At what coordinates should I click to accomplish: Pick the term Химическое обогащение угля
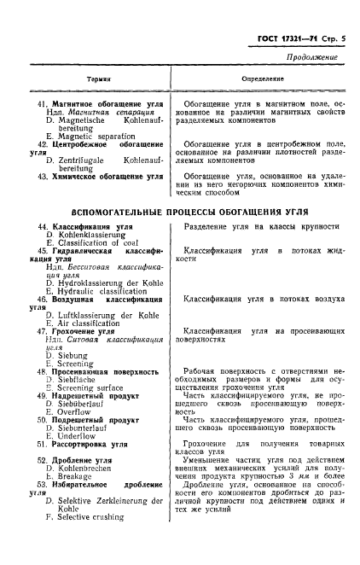click(107, 176)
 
